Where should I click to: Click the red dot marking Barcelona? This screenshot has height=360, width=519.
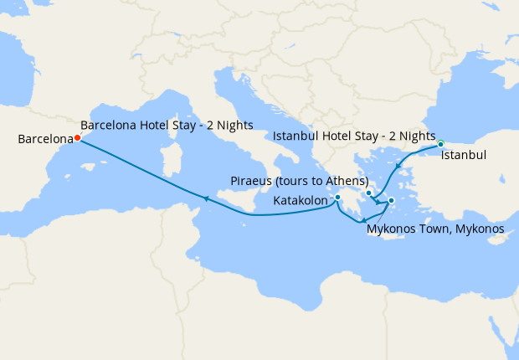(x=77, y=138)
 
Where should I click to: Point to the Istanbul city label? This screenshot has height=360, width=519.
(x=463, y=155)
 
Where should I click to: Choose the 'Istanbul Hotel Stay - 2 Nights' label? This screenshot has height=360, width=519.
(x=354, y=136)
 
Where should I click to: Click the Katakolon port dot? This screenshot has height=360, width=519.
(x=337, y=198)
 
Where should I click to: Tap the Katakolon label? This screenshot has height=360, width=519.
(x=301, y=201)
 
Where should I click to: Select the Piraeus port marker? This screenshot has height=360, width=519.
(x=368, y=193)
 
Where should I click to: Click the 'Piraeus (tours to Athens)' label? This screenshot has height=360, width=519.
(x=300, y=181)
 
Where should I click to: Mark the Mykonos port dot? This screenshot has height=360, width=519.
(x=391, y=200)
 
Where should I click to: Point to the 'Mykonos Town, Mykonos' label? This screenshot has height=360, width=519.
(x=435, y=229)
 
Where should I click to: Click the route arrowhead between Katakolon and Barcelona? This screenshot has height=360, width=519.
(x=203, y=198)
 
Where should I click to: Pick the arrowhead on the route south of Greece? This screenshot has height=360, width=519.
(x=363, y=221)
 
